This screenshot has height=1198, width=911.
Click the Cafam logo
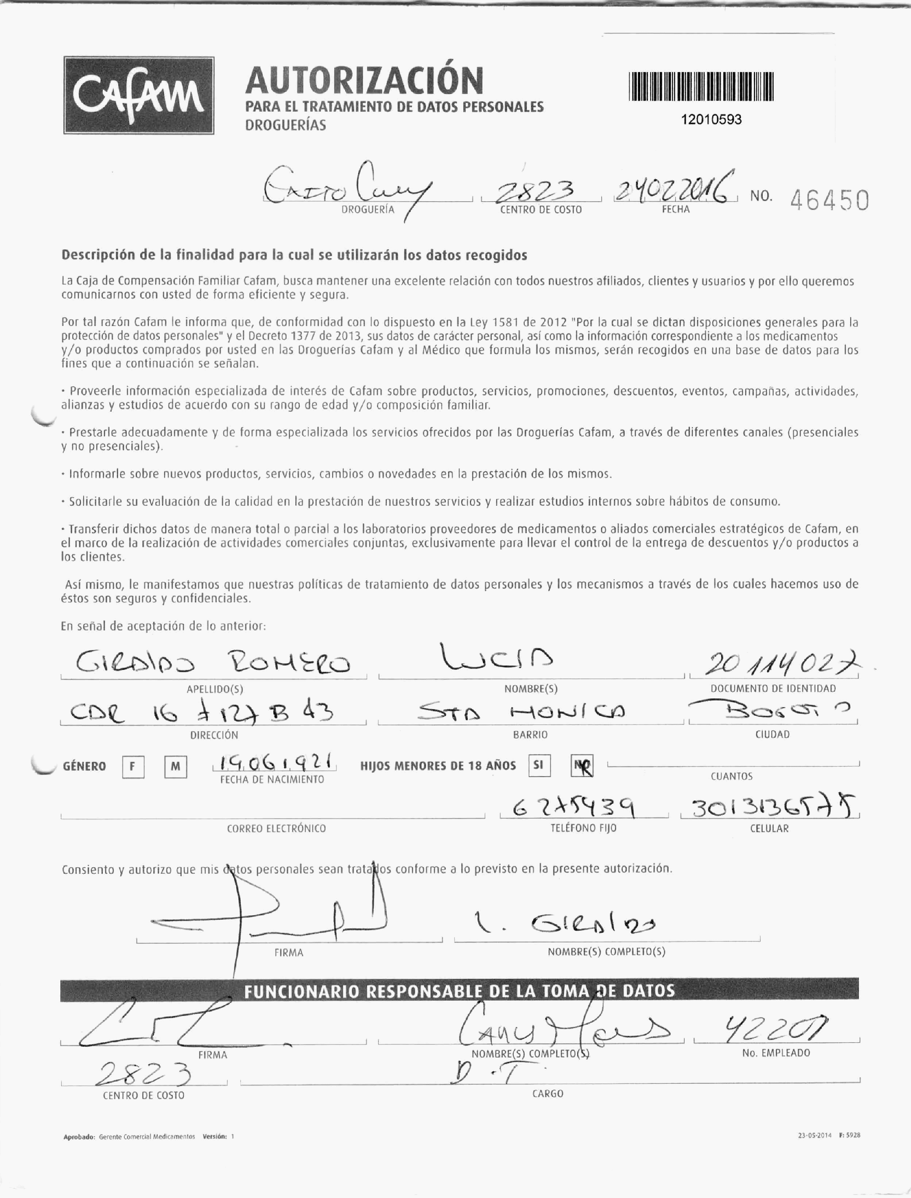[x=139, y=95]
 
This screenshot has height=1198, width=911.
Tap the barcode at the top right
[x=701, y=87]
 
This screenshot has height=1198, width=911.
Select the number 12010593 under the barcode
[x=711, y=120]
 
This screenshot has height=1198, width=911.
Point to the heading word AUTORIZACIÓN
[x=364, y=80]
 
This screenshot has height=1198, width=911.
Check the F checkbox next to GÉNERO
[x=133, y=767]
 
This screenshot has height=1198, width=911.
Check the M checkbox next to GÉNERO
[x=175, y=767]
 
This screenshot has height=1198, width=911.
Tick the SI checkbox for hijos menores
[x=539, y=765]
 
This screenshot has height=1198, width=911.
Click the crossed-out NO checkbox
[x=582, y=766]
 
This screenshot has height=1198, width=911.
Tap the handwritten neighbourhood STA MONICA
[x=521, y=711]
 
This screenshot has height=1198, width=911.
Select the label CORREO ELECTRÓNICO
[x=276, y=829]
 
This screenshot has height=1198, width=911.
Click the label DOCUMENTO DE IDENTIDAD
[x=773, y=689]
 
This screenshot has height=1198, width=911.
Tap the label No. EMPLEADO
[x=775, y=1053]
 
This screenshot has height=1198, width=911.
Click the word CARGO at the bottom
[x=548, y=1094]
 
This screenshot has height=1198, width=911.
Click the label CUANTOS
[x=732, y=777]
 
